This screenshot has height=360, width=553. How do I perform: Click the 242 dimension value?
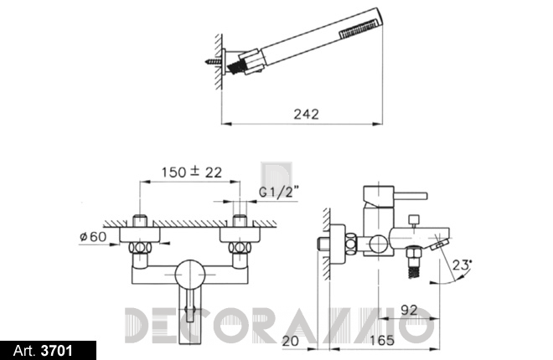coord(306,114)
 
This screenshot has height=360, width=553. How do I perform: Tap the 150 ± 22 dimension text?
coord(192,172)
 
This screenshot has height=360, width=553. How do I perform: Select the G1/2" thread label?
coord(279,192)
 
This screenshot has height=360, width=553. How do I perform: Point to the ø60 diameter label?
coord(93,236)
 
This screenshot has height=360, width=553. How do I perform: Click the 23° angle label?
coord(462,265)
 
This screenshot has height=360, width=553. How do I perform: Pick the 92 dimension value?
coord(409,310)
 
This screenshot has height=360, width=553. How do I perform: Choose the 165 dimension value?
coord(382,340)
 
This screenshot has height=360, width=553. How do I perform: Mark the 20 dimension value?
coord(291,341)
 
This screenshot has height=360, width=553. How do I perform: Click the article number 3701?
coord(56,351)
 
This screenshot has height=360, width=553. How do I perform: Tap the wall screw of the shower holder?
coord(213,62)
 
